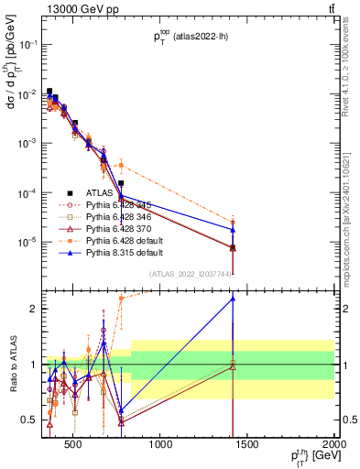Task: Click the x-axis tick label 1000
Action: pos(161,445)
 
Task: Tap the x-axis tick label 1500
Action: pos(247,445)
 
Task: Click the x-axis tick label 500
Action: pos(75,445)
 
